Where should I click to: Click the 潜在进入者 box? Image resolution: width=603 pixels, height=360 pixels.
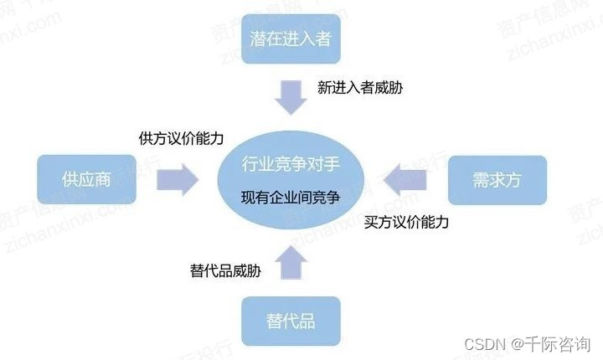coord(290,38)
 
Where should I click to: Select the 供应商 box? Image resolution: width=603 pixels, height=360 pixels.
coord(86,179)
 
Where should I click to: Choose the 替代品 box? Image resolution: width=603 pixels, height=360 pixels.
coord(290,321)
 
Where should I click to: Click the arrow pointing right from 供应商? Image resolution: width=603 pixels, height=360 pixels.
coord(176,178)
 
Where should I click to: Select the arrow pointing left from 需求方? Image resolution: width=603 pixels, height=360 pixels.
coord(408,178)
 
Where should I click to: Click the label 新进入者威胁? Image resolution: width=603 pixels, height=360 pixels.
coord(360,87)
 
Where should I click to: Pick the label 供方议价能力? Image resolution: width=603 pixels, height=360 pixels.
coord(181,139)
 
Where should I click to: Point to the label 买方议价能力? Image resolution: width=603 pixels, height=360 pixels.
coord(407,223)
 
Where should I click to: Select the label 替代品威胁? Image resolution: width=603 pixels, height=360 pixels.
coord(225,270)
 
